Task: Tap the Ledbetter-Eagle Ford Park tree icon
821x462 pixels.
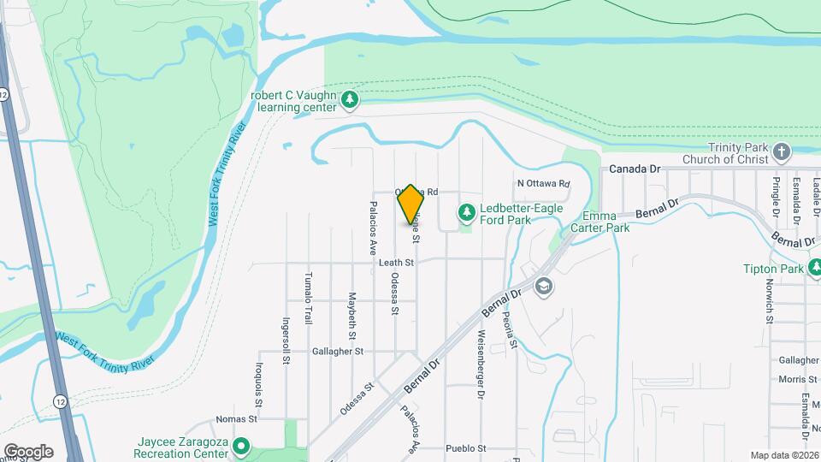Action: [467, 210]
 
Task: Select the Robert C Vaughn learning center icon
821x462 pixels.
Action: [349, 100]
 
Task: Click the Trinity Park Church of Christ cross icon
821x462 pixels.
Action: [781, 153]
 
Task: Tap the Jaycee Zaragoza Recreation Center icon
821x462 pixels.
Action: [241, 447]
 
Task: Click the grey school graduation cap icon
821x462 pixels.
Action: [542, 286]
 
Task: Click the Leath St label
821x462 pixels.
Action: [396, 263]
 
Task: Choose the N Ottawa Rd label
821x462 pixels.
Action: [543, 184]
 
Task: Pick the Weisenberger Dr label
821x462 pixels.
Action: [481, 364]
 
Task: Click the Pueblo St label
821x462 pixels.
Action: [465, 448]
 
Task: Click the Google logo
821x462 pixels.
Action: [28, 451]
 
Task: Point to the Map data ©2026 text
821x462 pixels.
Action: [784, 455]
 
